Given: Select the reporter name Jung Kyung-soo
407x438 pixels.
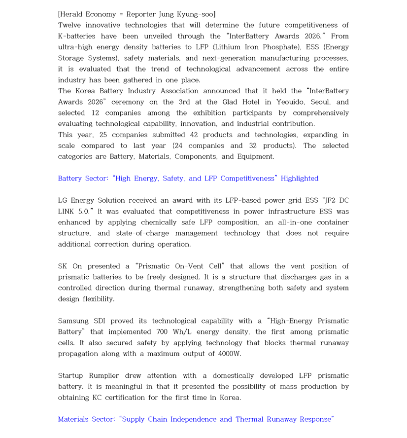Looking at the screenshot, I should (x=188, y=14).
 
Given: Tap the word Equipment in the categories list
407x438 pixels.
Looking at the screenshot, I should (x=256, y=157).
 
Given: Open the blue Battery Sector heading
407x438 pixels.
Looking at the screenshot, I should (x=188, y=179).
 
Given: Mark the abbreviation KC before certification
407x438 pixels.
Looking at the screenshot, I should (x=97, y=398).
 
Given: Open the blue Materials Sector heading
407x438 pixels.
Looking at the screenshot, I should (x=196, y=419).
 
